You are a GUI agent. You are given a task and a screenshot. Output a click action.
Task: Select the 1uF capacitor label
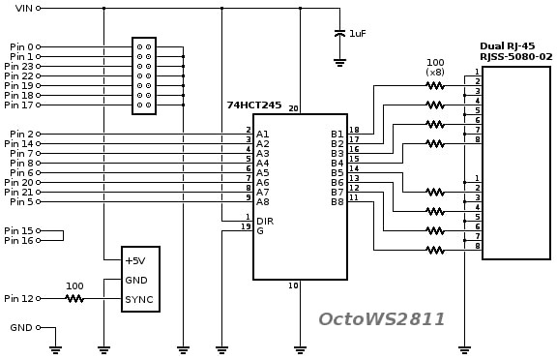point(358,33)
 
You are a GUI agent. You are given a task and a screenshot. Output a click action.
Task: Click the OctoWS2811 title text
point(382,318)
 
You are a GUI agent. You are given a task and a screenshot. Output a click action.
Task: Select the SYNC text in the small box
point(139,299)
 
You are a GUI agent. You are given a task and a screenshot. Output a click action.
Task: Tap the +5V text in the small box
point(135,260)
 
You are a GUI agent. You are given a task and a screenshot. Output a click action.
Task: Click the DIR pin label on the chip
point(265,221)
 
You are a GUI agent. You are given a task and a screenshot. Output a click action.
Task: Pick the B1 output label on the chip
point(337,134)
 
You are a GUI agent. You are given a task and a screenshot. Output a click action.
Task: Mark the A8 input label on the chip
point(263,201)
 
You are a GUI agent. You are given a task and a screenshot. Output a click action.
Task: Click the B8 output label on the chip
point(337,201)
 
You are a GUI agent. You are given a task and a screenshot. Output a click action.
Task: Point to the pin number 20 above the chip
point(294,108)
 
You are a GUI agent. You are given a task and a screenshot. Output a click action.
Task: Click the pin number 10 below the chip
point(294,286)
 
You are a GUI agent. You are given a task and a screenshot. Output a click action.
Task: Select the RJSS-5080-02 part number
point(516,56)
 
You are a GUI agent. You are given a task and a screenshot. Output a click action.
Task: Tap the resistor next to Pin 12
point(74,299)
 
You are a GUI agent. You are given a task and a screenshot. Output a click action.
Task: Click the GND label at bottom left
point(20,328)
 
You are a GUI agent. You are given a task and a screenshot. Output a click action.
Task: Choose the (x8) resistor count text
point(435,72)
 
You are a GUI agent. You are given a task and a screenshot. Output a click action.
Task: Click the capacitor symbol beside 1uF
point(339,33)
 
